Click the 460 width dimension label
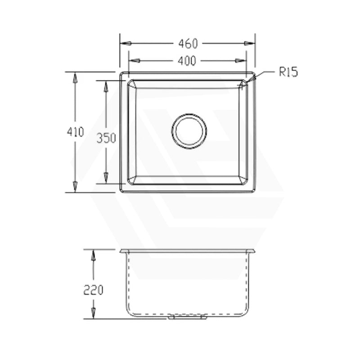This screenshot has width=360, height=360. point(188,44)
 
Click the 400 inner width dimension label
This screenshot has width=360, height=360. point(187,61)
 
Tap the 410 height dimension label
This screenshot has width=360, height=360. point(76,132)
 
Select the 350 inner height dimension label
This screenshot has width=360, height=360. point(106,138)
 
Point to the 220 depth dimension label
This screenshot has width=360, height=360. point(93,290)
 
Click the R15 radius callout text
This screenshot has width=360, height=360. point(288,72)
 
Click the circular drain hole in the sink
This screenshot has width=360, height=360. point(189,131)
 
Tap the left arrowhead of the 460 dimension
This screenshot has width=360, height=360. point(126,43)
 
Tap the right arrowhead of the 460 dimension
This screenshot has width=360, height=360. point(250,43)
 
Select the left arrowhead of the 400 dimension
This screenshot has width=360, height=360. point(134,61)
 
